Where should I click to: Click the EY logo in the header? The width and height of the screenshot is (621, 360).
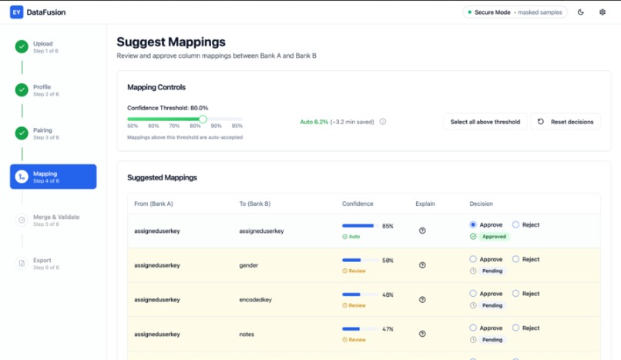(x=16, y=12)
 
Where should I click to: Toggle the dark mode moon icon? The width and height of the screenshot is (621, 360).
(x=580, y=12)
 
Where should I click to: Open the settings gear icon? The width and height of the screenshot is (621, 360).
(x=603, y=12)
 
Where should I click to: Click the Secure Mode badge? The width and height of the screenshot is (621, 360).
(x=515, y=12)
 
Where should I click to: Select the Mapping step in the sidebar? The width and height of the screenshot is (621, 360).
(x=53, y=177)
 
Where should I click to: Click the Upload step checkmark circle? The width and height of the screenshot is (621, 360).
(x=22, y=47)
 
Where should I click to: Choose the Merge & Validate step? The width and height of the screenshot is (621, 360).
(x=55, y=220)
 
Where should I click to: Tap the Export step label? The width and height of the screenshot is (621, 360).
(x=42, y=261)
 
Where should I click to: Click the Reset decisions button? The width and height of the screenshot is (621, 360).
(x=566, y=122)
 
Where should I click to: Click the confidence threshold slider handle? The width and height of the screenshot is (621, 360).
(x=203, y=119)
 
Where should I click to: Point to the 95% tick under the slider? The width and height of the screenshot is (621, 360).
(x=237, y=126)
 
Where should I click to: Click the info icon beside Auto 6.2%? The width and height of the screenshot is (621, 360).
(x=383, y=122)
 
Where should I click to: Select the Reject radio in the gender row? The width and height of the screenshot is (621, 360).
(x=516, y=260)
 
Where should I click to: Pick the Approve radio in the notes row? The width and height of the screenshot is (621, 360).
(x=473, y=328)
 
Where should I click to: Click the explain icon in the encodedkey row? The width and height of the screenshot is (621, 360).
(x=422, y=300)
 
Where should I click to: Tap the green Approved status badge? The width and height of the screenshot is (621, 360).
(x=493, y=237)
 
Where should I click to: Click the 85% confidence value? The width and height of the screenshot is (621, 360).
(x=388, y=226)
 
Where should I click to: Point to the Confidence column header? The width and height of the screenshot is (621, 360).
(x=357, y=204)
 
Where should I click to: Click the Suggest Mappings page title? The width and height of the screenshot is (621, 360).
(x=171, y=42)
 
